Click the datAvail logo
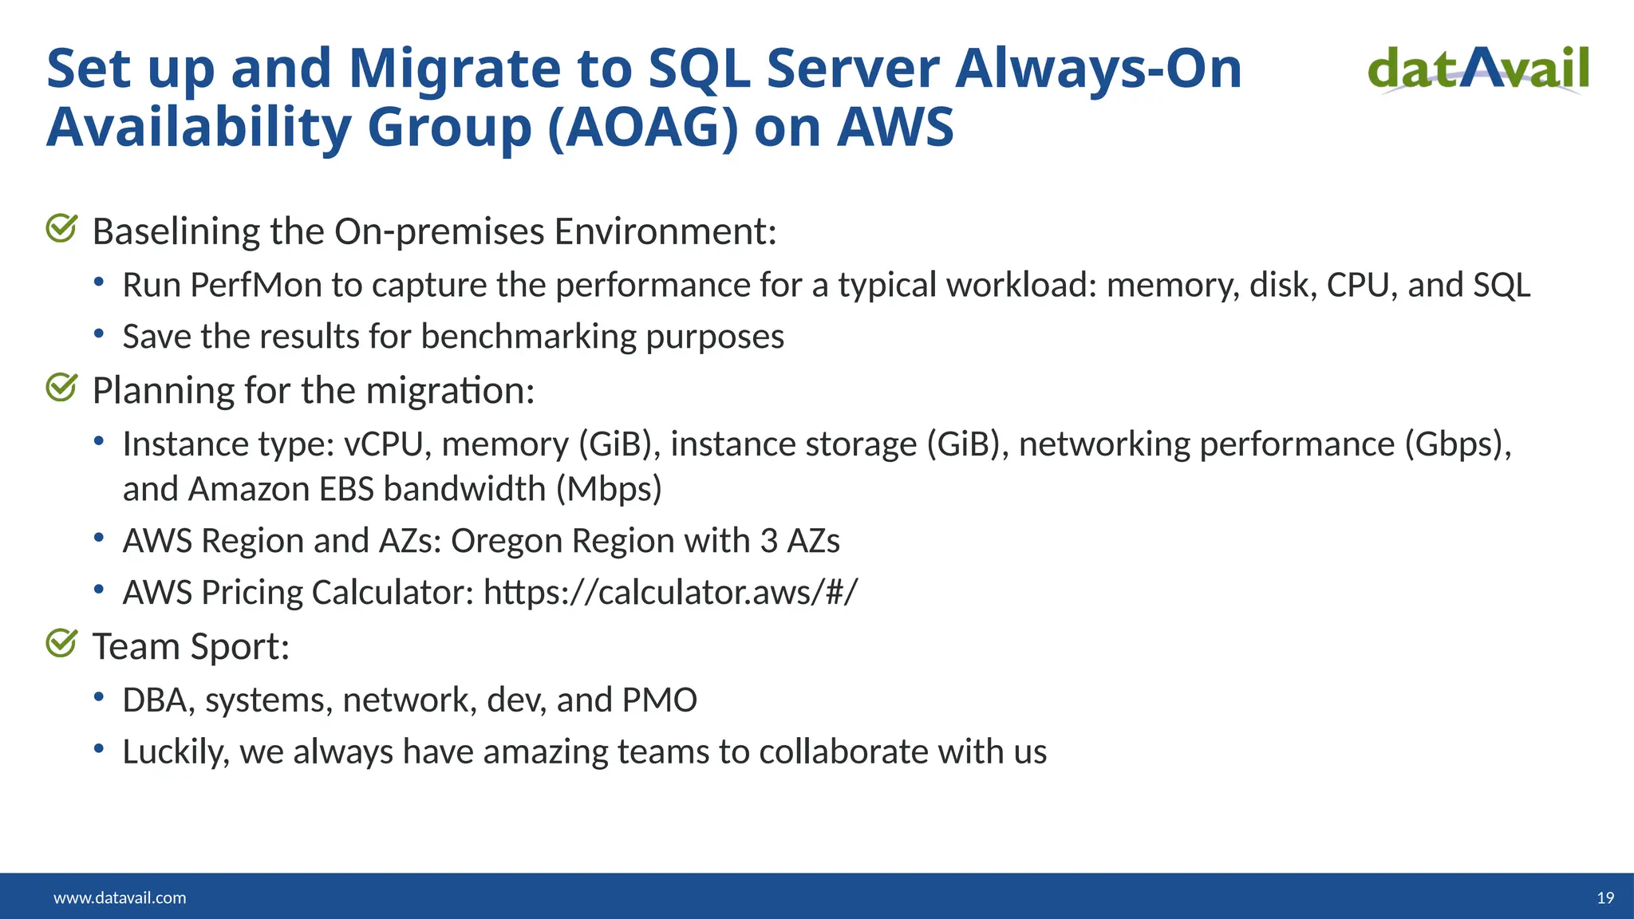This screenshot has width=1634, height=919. [x=1478, y=69]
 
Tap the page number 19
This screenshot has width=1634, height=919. [x=1605, y=898]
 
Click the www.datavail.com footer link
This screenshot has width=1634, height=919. [x=120, y=898]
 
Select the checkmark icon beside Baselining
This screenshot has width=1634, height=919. [x=61, y=229]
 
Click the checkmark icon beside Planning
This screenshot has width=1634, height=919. [x=61, y=389]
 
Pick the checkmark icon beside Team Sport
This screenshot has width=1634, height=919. [x=61, y=644]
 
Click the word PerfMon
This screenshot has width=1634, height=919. [x=255, y=286]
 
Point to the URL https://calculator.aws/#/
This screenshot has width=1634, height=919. [x=670, y=593]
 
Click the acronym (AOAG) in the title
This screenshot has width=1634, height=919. [x=642, y=128]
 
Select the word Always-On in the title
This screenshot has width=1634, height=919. [x=1099, y=69]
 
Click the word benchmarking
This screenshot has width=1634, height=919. [x=528, y=337]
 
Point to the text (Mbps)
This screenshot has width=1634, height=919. [x=609, y=489]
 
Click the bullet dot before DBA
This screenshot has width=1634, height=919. [x=99, y=697]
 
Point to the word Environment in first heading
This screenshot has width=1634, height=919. [x=665, y=232]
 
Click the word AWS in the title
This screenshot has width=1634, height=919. [x=895, y=128]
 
